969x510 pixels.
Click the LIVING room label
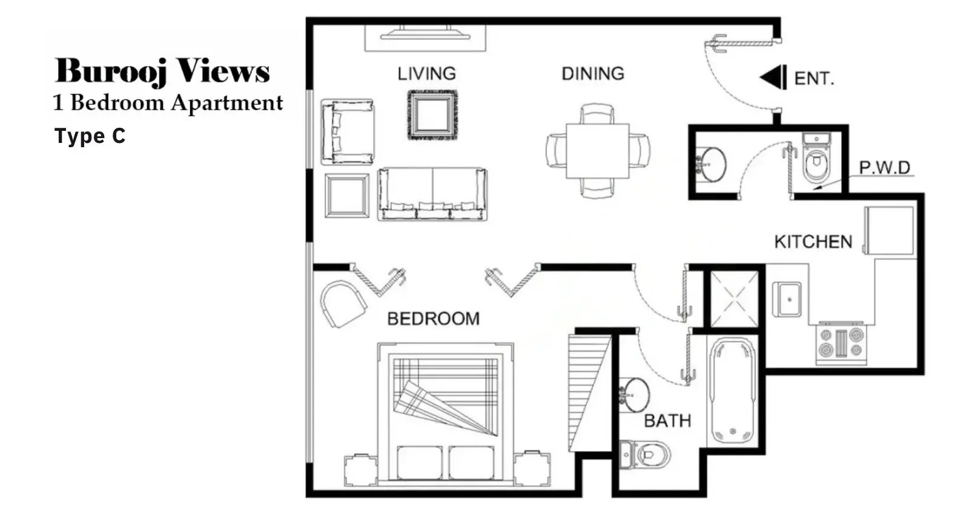point(426,73)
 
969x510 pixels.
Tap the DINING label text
point(593,73)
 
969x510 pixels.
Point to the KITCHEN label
point(813,242)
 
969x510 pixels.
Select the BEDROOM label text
point(434,319)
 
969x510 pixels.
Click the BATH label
point(667,421)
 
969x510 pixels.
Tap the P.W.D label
point(885,167)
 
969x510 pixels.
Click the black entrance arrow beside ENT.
point(773,78)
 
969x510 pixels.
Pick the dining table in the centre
point(597,151)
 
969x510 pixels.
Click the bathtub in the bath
point(733,391)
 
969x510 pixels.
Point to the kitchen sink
point(787,299)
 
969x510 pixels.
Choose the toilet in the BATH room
point(645,454)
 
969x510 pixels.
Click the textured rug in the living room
point(432,114)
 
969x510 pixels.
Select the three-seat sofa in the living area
point(432,194)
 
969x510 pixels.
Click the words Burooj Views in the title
point(162,70)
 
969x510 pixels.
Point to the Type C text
point(90,136)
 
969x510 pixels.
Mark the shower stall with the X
point(734,299)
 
